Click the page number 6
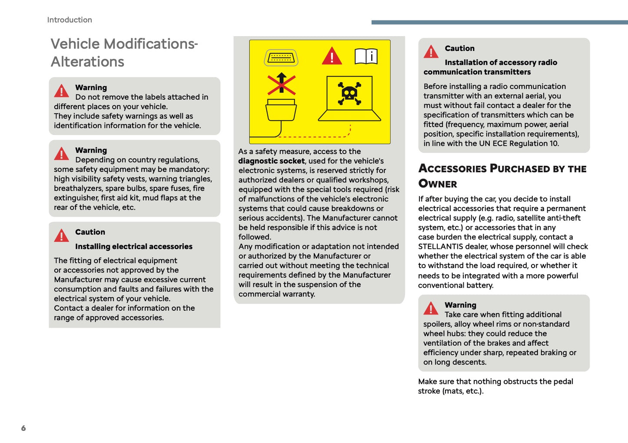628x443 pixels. click(23, 428)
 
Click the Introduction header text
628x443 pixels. click(70, 20)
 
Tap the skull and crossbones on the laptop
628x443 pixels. click(349, 93)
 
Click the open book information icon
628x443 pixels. click(366, 57)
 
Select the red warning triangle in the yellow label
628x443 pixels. click(332, 56)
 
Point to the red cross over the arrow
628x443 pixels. click(281, 84)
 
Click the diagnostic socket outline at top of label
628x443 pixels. click(281, 57)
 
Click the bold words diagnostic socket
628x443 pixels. click(271, 161)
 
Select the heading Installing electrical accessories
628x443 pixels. click(133, 247)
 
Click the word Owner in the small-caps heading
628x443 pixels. click(438, 184)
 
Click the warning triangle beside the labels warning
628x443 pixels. click(62, 91)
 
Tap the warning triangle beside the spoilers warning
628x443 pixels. click(431, 309)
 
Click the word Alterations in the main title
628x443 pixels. click(87, 62)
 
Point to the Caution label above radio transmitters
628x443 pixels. click(459, 48)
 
